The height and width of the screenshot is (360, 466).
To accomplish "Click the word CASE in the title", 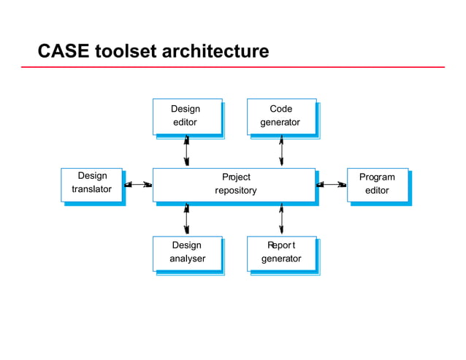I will point(63,52).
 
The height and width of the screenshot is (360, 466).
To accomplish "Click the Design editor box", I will point(186,116).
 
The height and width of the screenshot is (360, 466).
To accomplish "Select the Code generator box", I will point(281,116).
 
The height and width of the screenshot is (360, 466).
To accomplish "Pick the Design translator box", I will point(92,183).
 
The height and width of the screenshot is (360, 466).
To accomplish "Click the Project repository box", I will point(234,184).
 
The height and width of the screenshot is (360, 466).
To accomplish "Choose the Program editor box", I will point(377,184).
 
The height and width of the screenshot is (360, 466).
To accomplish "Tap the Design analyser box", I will point(187,253).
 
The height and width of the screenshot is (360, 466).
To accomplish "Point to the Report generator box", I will point(281,253).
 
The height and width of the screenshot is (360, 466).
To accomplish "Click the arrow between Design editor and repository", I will point(186,151).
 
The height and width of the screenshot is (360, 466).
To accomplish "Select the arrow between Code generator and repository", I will point(281,151).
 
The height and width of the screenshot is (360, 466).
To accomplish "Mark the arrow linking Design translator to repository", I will point(138,185).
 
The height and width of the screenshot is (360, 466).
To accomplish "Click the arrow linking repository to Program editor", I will point(332,185).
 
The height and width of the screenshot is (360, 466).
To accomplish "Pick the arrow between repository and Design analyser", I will point(186,219).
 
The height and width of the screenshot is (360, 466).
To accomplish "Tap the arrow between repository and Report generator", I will point(281,219).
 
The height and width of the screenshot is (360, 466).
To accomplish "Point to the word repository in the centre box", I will point(235,191).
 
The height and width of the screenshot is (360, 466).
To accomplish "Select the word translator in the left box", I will point(92,189).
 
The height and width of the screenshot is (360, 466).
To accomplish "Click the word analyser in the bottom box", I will point(187,258).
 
